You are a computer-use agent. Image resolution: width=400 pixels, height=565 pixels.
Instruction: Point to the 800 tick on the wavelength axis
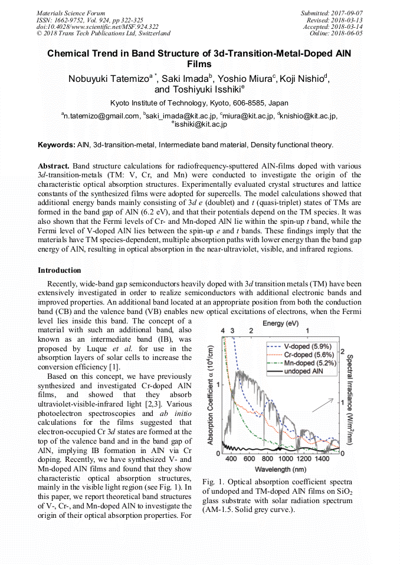point(267,458)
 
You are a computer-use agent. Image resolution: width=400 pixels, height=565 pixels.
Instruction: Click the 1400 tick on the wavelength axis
point(322,458)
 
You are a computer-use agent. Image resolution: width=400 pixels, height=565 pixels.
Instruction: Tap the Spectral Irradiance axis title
point(349,393)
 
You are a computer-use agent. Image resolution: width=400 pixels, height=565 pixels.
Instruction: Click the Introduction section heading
point(60,270)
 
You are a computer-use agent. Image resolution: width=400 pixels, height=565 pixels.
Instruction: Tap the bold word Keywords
point(57,144)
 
